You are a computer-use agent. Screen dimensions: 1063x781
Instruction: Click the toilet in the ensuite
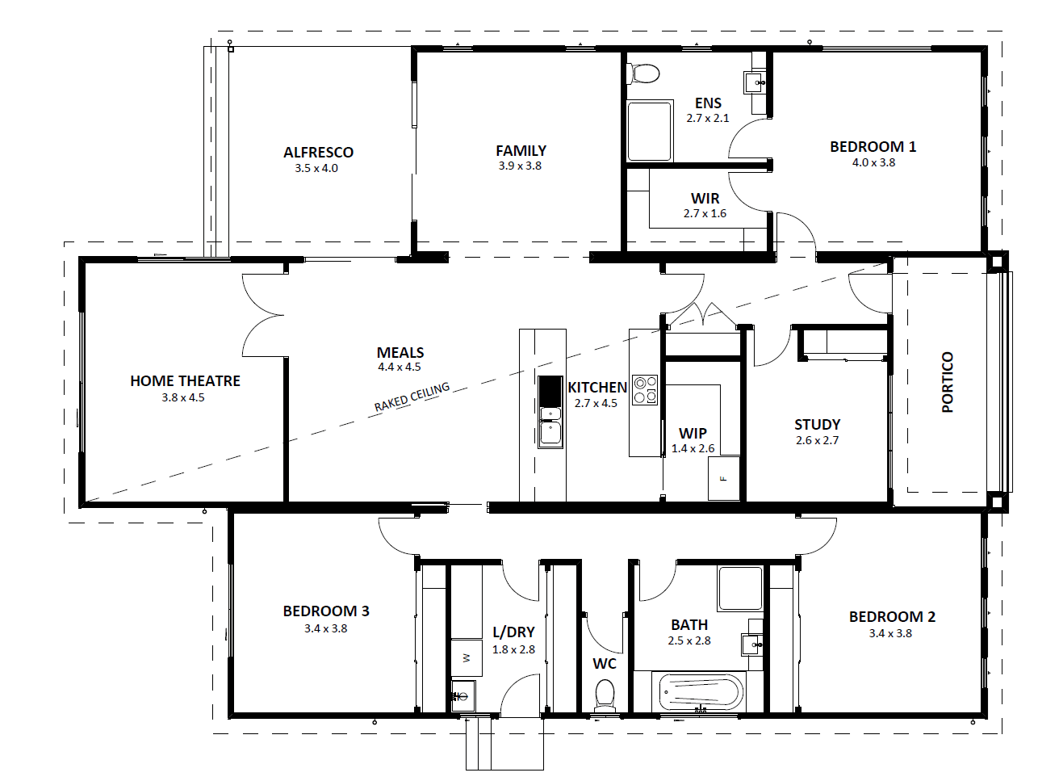coord(643,74)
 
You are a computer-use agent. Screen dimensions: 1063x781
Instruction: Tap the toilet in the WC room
coord(605,696)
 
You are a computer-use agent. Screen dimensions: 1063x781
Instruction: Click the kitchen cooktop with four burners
coord(645,390)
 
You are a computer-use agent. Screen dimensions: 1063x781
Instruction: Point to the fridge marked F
coord(724,478)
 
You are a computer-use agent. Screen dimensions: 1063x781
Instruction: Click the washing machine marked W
coord(467,657)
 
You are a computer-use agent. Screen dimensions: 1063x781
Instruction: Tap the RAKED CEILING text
coord(412,397)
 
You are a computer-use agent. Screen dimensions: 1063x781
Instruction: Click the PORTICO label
coord(948,382)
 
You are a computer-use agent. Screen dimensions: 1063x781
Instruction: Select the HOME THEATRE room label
coord(185,380)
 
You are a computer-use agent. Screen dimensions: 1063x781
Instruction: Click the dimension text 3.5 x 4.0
coord(316,168)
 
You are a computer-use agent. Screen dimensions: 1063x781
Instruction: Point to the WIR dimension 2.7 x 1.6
coord(705,213)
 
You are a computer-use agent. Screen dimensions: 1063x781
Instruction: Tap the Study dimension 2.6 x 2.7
coord(817,440)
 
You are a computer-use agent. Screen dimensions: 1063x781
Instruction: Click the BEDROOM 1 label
coord(873,147)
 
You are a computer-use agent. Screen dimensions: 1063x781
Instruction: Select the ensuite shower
coord(650,131)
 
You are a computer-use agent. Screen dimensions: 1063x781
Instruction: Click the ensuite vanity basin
coord(754,82)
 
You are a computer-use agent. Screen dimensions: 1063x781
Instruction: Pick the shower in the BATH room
coord(740,588)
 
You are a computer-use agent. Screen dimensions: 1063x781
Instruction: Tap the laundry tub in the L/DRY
coord(463,695)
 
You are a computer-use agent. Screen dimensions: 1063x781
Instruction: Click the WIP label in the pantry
coord(693,433)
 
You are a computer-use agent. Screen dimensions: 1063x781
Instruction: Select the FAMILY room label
coord(521,150)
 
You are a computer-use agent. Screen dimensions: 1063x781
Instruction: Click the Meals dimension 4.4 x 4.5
coord(399,367)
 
